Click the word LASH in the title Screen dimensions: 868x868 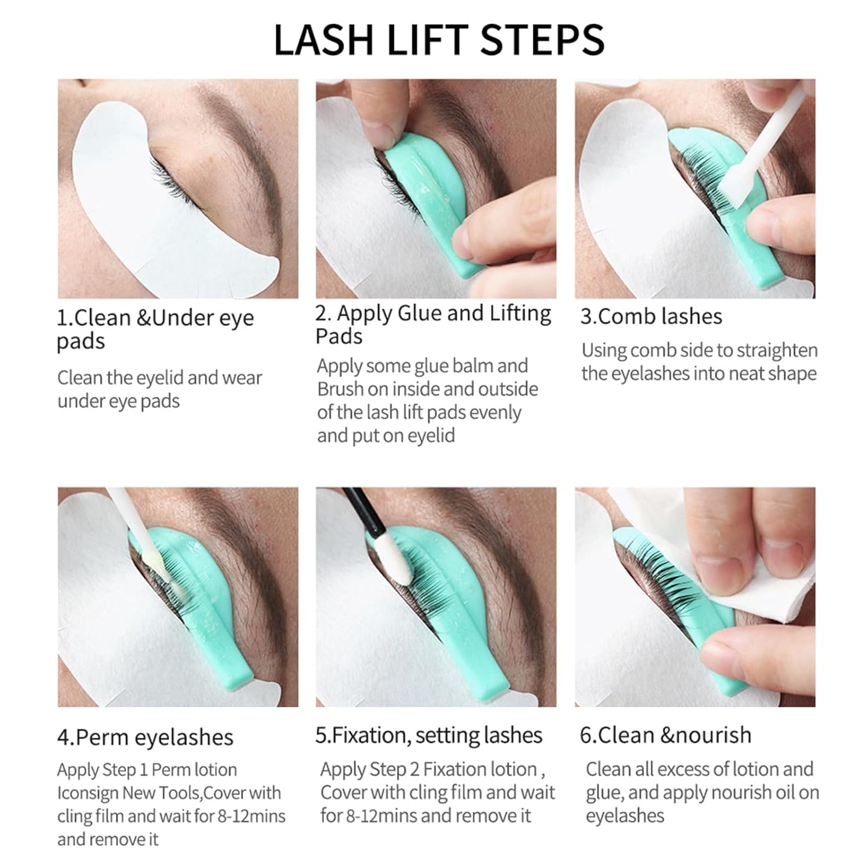pyautogui.click(x=324, y=40)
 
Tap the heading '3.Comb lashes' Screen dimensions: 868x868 pyautogui.click(x=651, y=317)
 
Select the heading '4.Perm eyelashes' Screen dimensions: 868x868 pyautogui.click(x=145, y=737)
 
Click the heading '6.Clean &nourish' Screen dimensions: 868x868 pyautogui.click(x=665, y=735)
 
